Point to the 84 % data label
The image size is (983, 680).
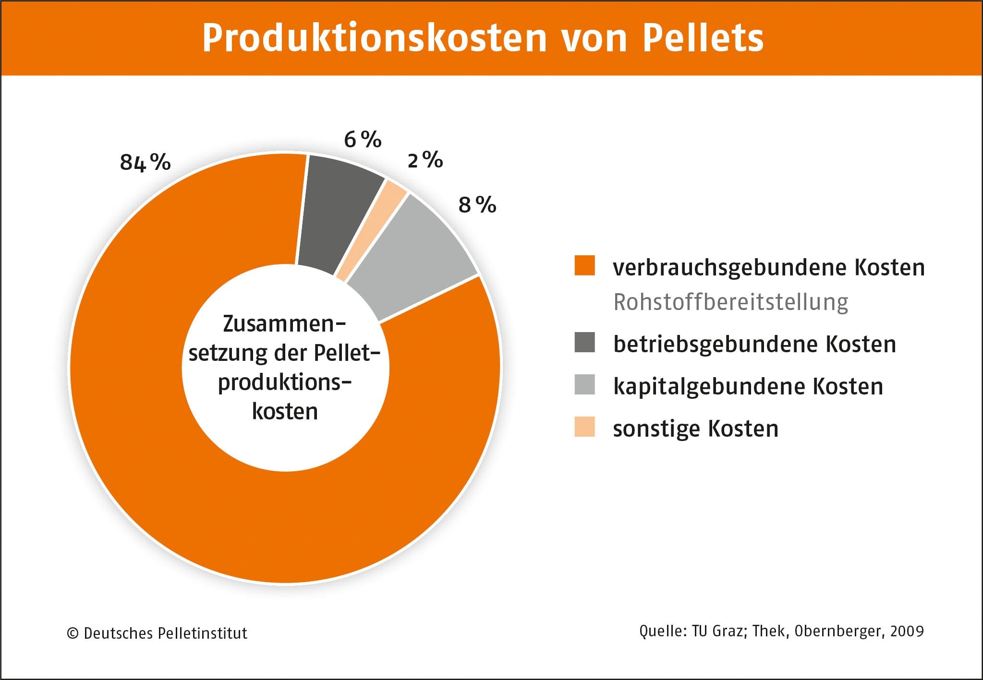(x=145, y=162)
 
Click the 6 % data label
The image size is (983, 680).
(x=363, y=140)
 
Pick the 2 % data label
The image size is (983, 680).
(x=425, y=160)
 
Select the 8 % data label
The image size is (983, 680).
(x=477, y=205)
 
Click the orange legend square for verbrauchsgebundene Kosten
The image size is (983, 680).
(x=584, y=265)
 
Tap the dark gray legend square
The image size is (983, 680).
(x=584, y=342)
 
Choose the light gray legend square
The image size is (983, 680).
(x=584, y=384)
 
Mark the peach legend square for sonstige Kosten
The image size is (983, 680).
(x=584, y=427)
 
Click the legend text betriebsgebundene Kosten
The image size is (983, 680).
(x=754, y=344)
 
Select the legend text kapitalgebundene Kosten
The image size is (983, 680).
(x=748, y=386)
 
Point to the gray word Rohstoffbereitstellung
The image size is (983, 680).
(x=730, y=302)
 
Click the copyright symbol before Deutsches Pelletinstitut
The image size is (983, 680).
(x=73, y=633)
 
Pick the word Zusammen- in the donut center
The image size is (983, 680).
(x=284, y=324)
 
